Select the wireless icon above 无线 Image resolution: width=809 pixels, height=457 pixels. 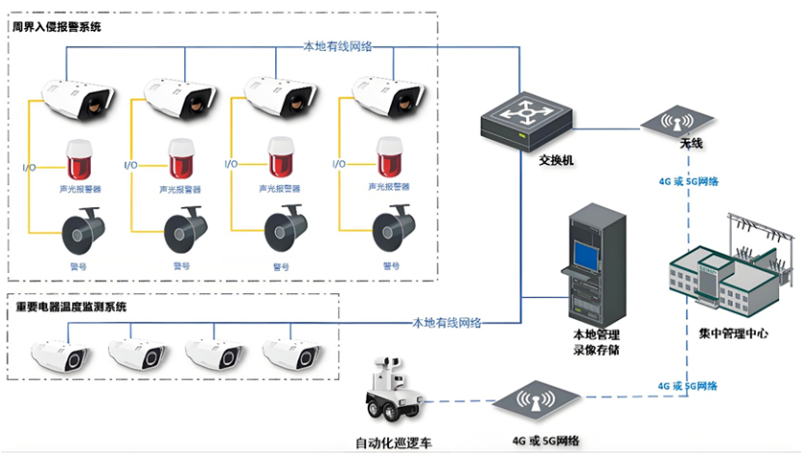[678, 121]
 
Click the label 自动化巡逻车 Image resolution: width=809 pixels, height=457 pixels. [393, 443]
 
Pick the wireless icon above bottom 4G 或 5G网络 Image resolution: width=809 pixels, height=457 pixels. [537, 402]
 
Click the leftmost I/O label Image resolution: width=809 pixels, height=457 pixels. [29, 167]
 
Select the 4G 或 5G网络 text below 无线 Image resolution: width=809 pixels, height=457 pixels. [687, 180]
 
